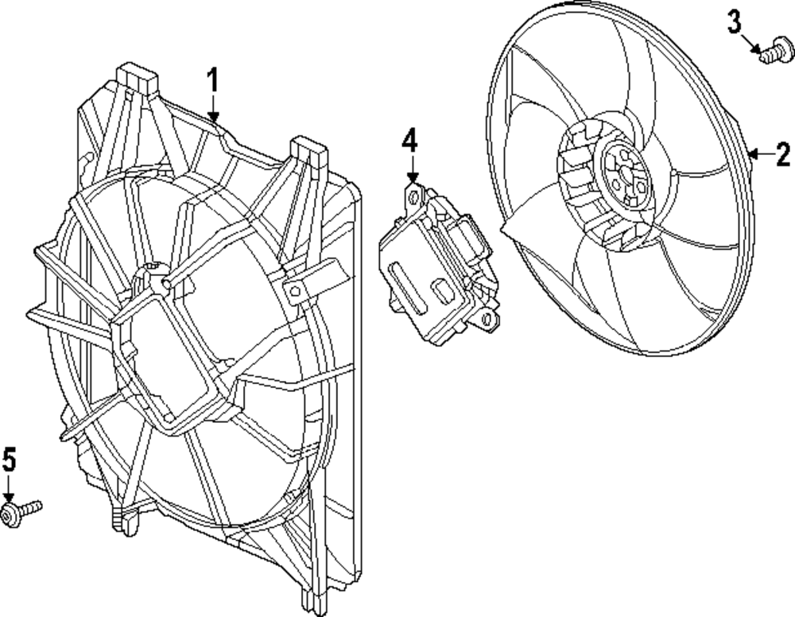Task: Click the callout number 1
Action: [212, 80]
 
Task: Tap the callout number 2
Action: [783, 153]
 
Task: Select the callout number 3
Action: [735, 22]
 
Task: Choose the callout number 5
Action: [9, 459]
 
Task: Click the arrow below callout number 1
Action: [212, 107]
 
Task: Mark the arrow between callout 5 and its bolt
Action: [9, 487]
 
